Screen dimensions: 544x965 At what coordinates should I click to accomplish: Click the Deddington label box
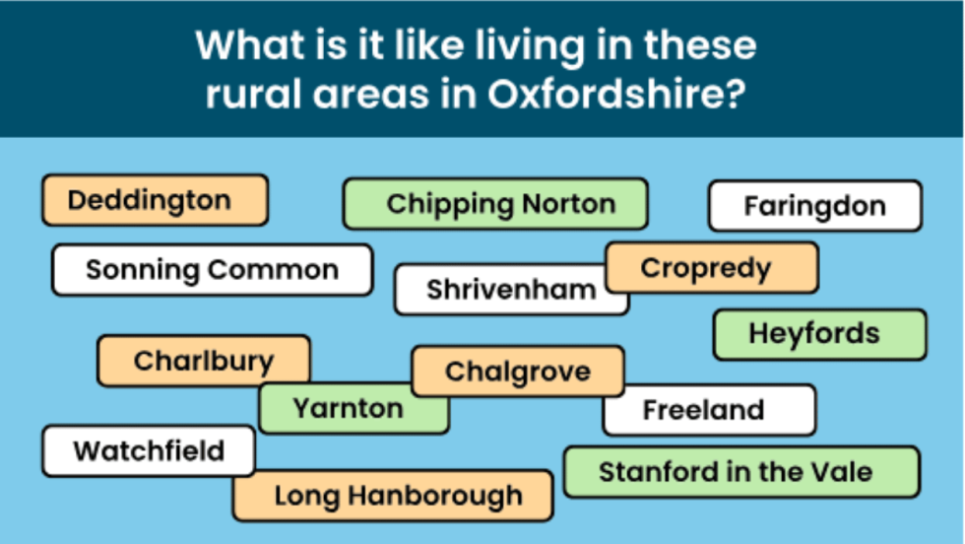154,201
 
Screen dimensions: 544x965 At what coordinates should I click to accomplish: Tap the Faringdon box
814,206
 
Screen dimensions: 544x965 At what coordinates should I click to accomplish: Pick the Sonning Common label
212,270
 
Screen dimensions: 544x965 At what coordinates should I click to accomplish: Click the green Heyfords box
818,334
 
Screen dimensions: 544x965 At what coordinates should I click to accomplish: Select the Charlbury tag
203,361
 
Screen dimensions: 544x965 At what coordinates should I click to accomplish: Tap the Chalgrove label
517,372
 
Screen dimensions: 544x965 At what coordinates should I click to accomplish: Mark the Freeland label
708,410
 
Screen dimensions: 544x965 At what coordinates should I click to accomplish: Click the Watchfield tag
149,451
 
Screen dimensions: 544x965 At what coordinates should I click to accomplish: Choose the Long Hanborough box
393,496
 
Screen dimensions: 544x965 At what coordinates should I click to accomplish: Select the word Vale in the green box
843,471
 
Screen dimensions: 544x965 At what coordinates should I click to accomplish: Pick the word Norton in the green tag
568,204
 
